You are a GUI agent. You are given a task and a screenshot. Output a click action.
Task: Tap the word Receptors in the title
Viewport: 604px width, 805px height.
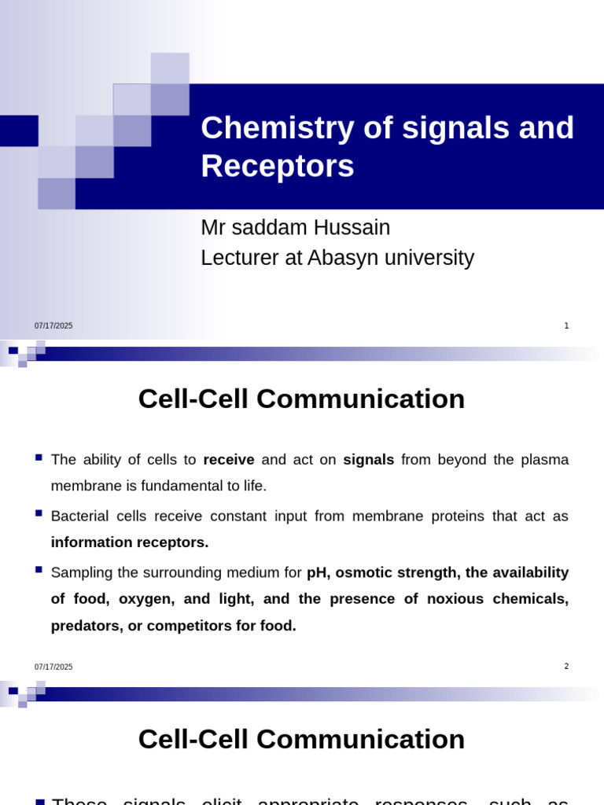tap(277, 167)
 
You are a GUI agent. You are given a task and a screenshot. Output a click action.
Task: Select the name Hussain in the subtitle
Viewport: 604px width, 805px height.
tap(352, 228)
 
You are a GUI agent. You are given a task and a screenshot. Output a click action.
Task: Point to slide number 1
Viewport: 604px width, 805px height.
tap(566, 325)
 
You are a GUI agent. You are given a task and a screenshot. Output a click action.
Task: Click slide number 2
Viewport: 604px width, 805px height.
tap(566, 667)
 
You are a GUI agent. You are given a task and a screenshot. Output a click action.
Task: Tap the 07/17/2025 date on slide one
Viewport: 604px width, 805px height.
tap(53, 326)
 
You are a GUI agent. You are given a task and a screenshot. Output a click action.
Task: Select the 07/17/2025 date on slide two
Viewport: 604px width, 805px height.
tap(53, 667)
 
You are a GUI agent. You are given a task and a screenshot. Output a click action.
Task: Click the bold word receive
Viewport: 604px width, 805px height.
tap(229, 459)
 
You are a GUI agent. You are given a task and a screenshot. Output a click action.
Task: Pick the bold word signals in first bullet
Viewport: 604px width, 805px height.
tap(369, 459)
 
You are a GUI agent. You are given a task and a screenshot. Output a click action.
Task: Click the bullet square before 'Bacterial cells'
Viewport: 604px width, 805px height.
tap(39, 513)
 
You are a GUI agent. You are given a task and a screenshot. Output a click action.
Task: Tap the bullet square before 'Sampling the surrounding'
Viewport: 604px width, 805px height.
tap(39, 568)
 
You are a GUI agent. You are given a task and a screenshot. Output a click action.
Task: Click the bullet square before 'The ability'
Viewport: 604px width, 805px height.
tap(39, 456)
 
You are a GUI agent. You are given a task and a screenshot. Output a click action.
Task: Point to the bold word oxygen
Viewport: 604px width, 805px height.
tap(145, 599)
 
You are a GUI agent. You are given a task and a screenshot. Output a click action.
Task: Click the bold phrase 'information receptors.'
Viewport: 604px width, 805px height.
tap(130, 542)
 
